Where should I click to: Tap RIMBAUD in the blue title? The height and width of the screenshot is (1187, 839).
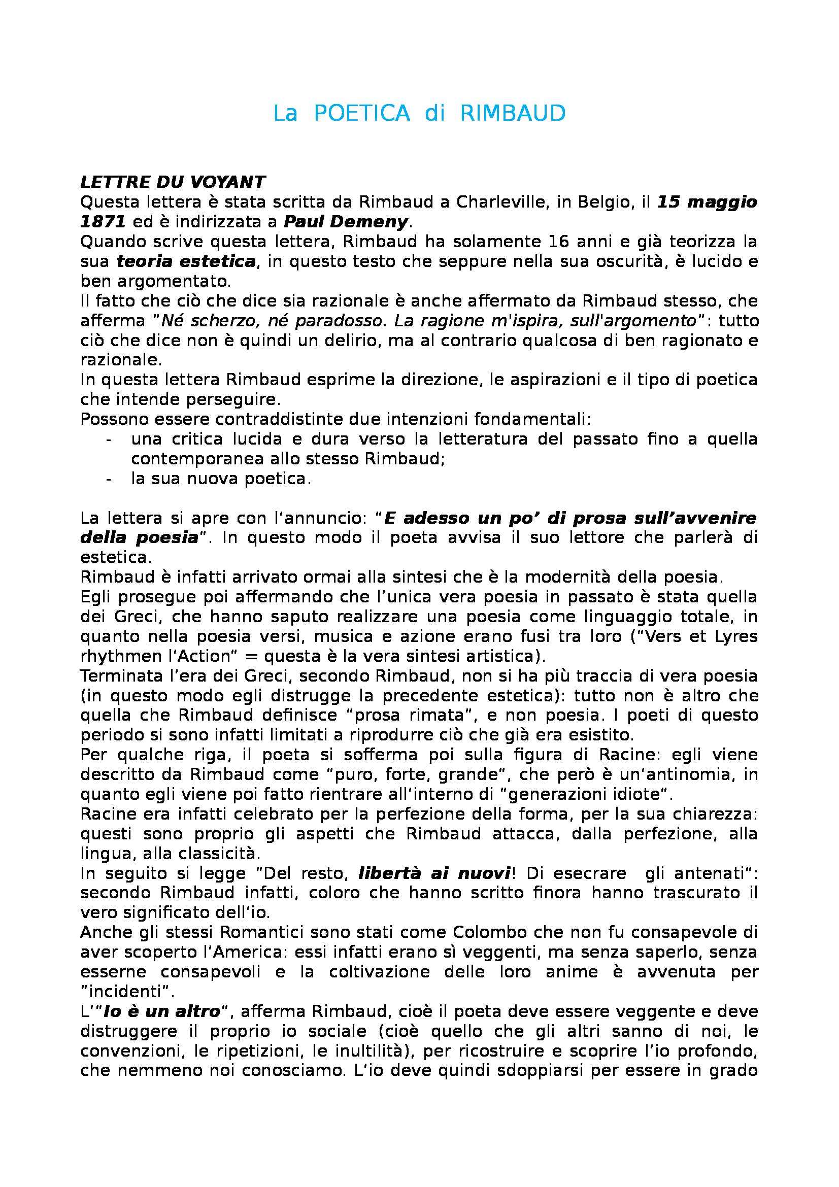(x=512, y=114)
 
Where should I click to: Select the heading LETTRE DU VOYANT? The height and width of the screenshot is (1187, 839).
(x=173, y=182)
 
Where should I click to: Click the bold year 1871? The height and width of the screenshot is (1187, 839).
(x=103, y=222)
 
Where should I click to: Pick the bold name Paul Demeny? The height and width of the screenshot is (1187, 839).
(x=346, y=222)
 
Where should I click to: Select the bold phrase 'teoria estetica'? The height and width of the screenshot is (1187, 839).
(x=186, y=261)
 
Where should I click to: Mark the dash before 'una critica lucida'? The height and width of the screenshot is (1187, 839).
(x=108, y=439)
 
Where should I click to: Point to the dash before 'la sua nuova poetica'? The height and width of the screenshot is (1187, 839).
(x=108, y=479)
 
